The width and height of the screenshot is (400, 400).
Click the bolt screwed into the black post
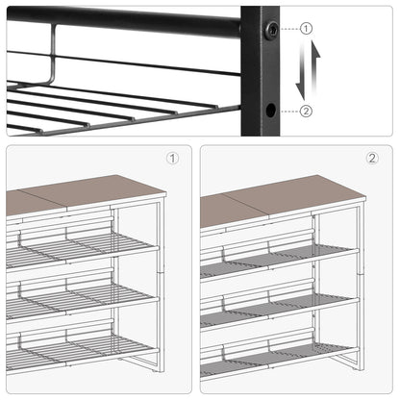[273, 30]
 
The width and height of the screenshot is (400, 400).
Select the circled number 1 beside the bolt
[306, 29]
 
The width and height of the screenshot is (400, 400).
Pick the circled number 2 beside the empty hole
[306, 111]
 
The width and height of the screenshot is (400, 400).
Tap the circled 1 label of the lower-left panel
[172, 158]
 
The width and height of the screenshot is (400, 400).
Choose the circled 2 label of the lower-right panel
[371, 158]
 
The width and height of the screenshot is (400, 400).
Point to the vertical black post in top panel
[260, 77]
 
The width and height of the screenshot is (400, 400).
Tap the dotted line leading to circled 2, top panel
[288, 111]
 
